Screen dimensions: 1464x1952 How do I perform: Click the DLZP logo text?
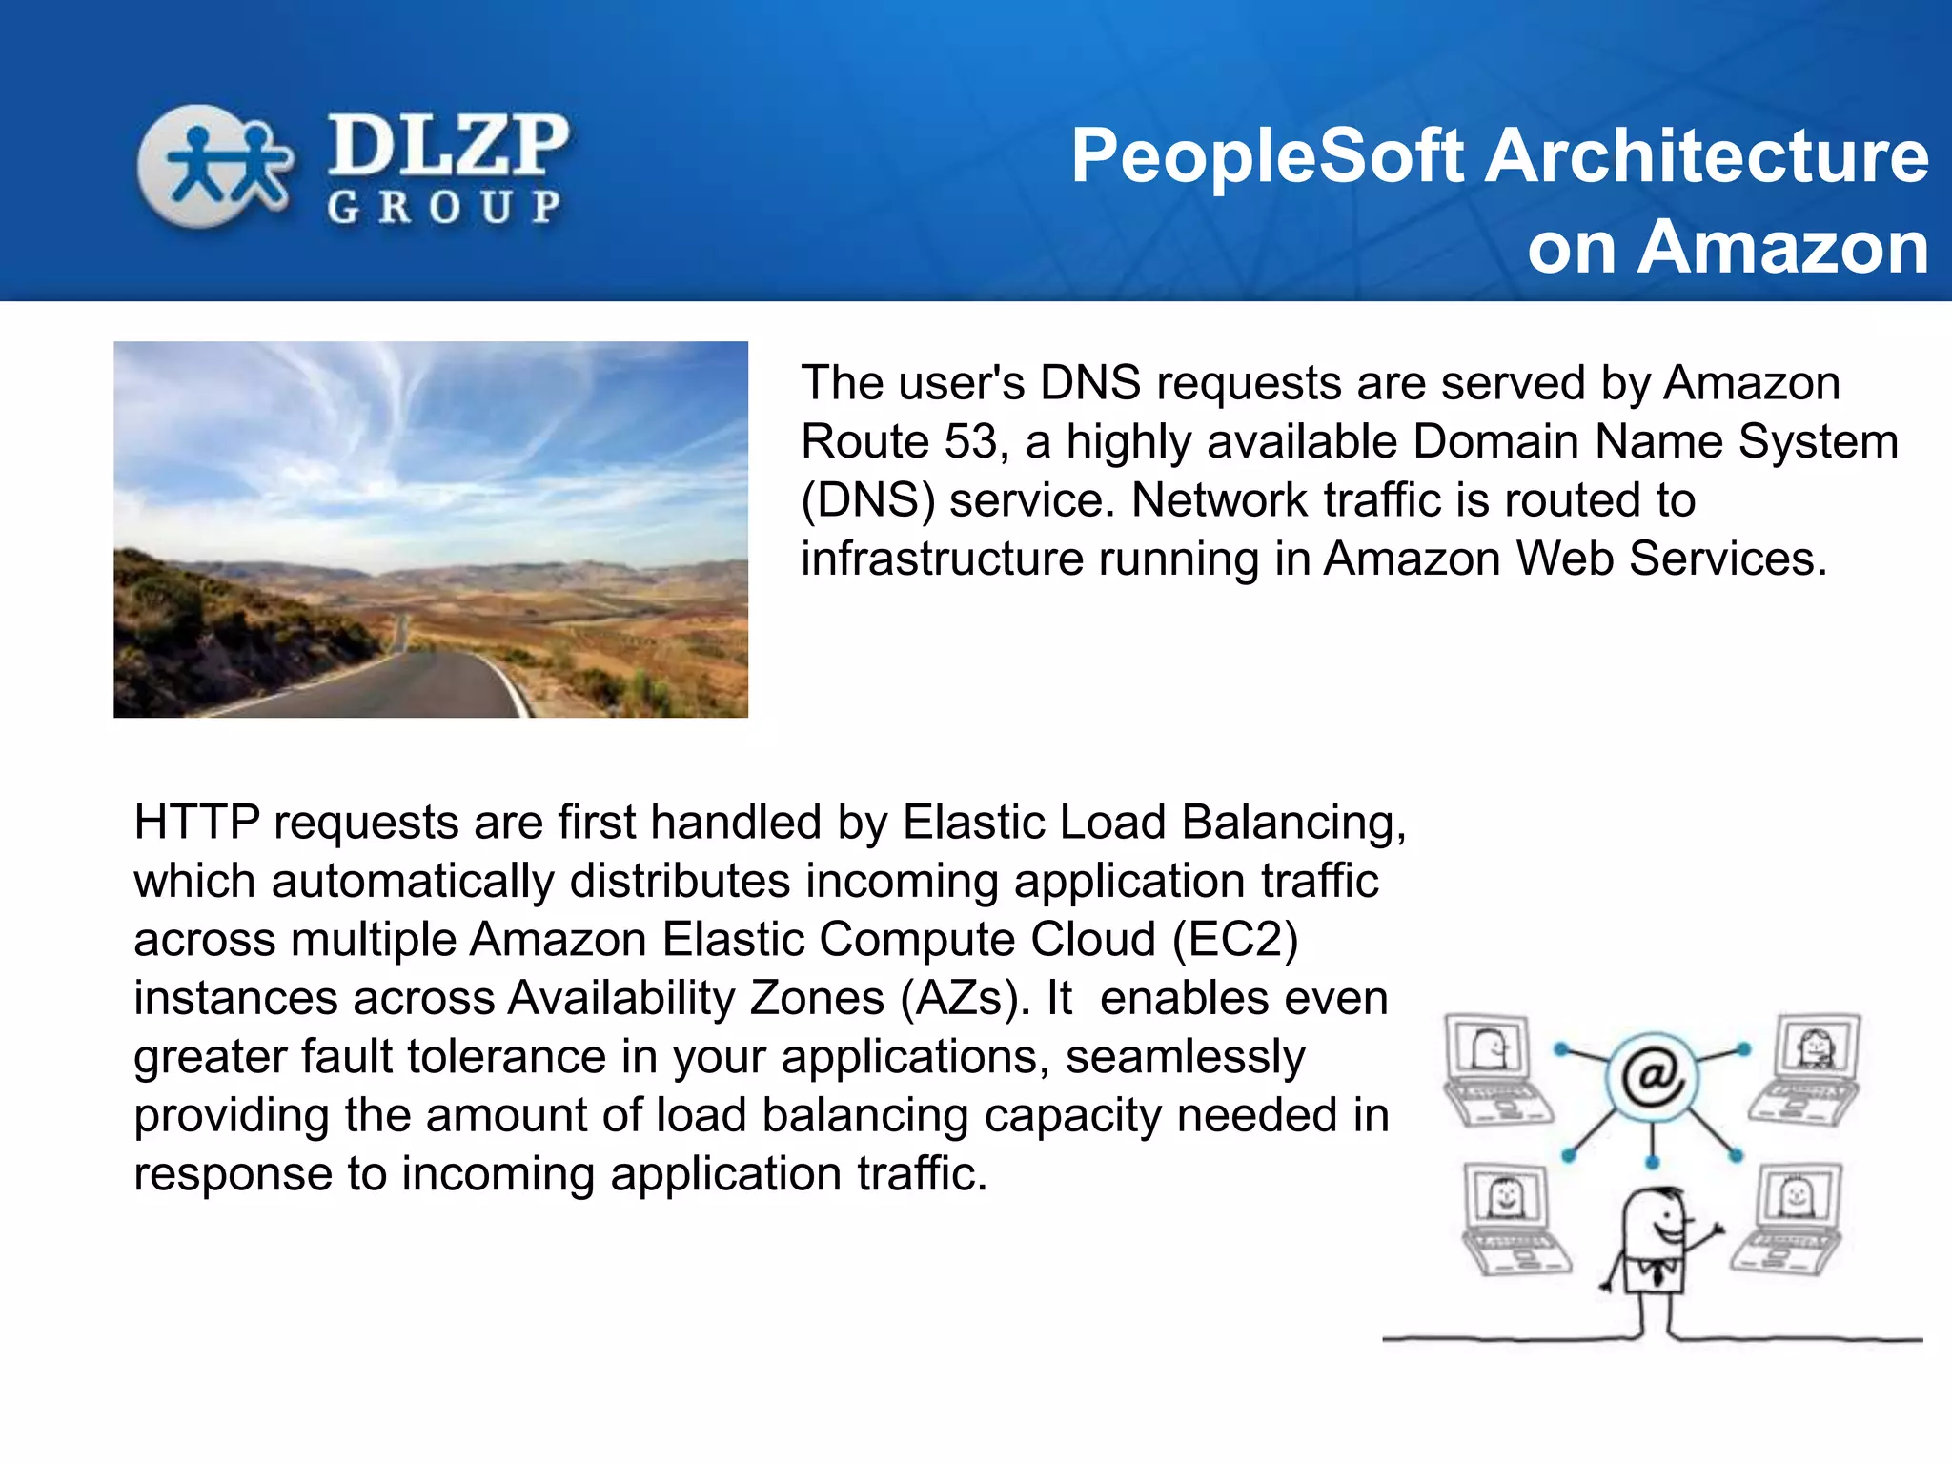(448, 145)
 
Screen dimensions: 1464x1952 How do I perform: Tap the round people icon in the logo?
(213, 166)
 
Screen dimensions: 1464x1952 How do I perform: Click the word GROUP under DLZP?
(444, 207)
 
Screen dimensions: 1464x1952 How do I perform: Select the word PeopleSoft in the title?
(1267, 157)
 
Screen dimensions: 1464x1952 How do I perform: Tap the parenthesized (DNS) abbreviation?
(867, 501)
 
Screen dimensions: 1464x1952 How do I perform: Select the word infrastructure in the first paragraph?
(942, 559)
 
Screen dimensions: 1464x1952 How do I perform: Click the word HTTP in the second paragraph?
(196, 823)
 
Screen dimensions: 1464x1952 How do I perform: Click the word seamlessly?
(1185, 1057)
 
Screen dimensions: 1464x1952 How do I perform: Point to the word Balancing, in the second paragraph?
(1293, 823)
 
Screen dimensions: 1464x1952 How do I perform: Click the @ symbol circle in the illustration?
(1653, 1077)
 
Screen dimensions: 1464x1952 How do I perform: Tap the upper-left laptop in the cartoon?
(1494, 1068)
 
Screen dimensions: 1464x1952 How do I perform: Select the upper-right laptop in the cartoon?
(1806, 1067)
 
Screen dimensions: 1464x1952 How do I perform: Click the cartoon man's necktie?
(1659, 1271)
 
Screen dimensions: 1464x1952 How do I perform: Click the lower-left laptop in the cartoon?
(1512, 1217)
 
